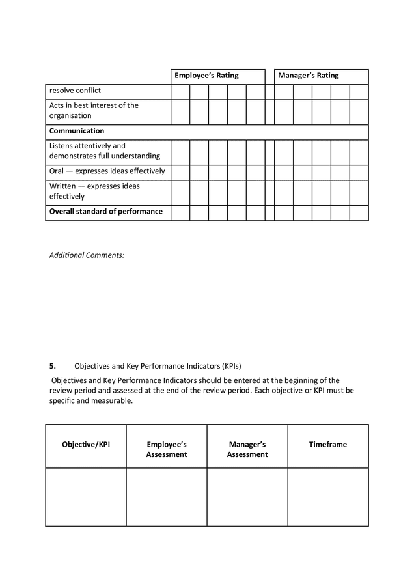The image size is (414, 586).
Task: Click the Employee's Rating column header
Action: (x=206, y=76)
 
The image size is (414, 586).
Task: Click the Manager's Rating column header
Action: (x=308, y=76)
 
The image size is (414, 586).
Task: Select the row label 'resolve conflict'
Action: (x=75, y=91)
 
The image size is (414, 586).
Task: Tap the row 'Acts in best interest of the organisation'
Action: (x=94, y=110)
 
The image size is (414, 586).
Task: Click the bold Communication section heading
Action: (x=77, y=131)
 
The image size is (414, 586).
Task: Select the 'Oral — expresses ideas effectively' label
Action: (x=107, y=171)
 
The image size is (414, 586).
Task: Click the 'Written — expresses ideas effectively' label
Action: (x=94, y=191)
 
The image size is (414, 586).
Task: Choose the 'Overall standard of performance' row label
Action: (x=106, y=212)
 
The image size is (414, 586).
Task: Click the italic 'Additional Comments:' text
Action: (x=87, y=255)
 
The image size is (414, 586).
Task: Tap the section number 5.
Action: (x=53, y=365)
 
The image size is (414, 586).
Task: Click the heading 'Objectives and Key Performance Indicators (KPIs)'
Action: (x=162, y=365)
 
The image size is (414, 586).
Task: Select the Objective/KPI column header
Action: (x=86, y=445)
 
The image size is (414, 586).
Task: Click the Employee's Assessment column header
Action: (x=167, y=449)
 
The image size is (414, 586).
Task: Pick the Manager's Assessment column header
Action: (x=247, y=449)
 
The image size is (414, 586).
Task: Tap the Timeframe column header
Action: (x=327, y=445)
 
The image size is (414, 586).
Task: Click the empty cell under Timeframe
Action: (x=327, y=497)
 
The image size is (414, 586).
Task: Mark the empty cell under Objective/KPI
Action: (x=86, y=497)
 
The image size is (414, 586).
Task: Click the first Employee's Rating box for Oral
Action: (x=180, y=172)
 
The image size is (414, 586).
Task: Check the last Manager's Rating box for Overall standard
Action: (x=359, y=213)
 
